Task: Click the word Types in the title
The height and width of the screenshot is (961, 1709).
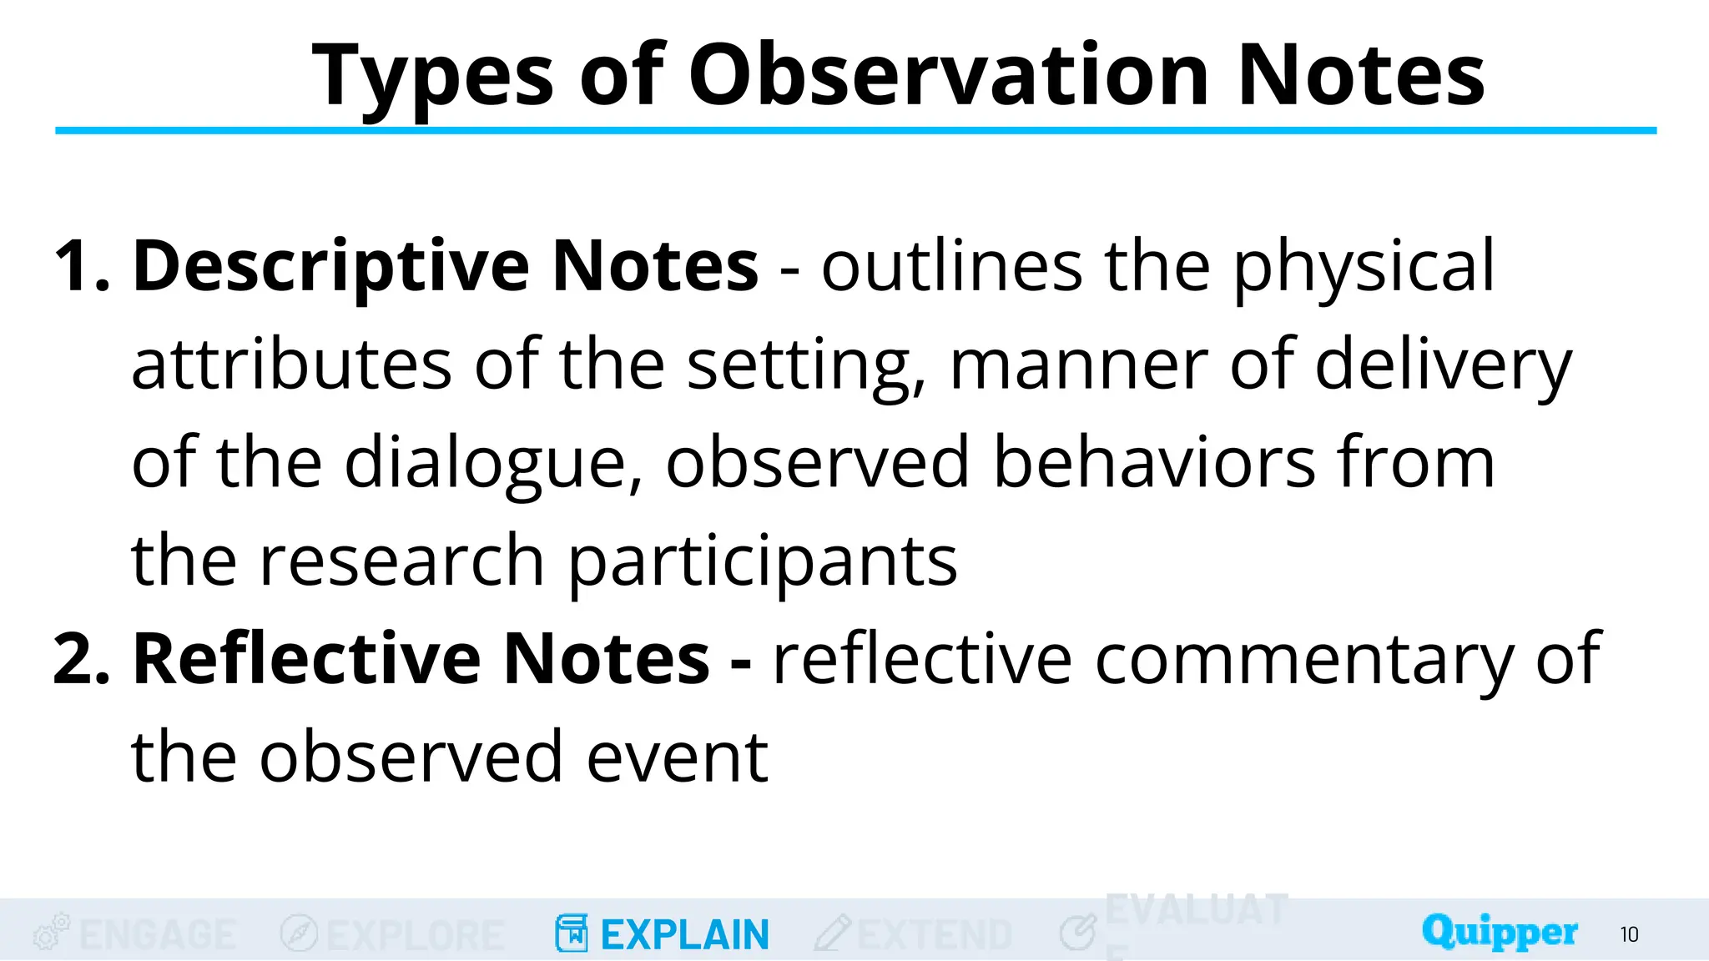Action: (432, 77)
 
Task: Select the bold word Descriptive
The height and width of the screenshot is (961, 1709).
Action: (331, 266)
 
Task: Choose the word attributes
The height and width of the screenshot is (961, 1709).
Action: (291, 365)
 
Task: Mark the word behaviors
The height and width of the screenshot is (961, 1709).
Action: (1152, 462)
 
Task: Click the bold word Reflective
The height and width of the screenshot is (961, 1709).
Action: (306, 659)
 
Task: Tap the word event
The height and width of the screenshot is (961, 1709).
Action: (677, 757)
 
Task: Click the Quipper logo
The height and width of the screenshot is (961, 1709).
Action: (1499, 932)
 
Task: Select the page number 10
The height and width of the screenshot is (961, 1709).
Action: (1629, 934)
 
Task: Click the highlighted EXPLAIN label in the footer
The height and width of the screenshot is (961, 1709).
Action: (684, 934)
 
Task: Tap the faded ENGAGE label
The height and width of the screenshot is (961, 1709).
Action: (158, 934)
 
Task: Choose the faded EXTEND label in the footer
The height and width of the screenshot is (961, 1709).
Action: (935, 934)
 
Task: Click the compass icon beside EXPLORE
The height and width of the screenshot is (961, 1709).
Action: (298, 933)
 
